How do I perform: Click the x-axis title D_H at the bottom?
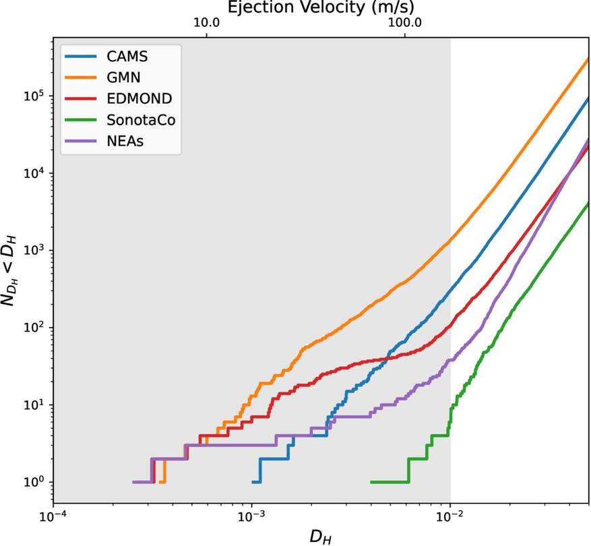[320, 536]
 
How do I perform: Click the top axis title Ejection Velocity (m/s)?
[320, 7]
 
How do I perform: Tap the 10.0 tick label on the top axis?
[207, 22]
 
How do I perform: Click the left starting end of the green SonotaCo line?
[371, 482]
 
